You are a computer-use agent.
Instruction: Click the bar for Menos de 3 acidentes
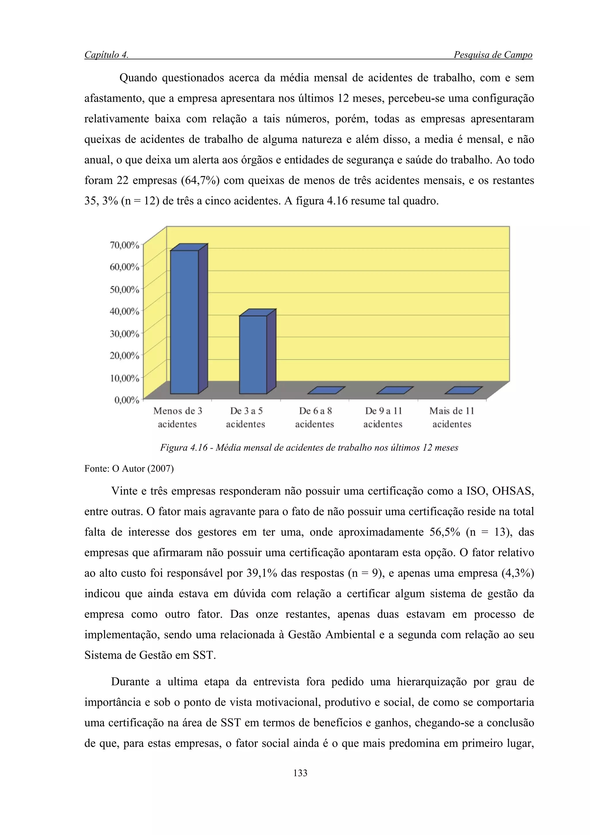185,322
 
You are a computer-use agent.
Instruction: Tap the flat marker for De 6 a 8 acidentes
326,390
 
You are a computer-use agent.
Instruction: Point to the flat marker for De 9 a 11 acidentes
395,390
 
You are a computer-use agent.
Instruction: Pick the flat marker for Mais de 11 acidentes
464,390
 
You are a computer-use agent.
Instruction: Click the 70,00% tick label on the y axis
124,245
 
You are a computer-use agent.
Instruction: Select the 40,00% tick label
124,311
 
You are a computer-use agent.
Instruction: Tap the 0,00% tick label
126,400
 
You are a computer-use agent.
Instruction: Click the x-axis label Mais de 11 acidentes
451,417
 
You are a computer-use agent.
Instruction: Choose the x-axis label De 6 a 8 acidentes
315,417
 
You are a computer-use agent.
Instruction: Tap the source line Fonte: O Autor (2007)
129,469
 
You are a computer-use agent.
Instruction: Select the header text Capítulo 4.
106,55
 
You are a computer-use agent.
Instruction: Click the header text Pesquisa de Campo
493,55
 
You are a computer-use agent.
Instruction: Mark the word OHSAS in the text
513,491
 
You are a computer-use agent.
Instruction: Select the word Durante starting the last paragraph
130,681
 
